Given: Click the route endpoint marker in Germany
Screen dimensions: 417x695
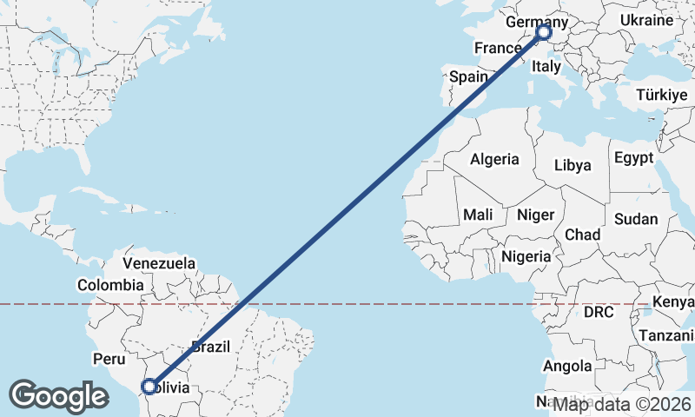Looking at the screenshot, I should point(544,33).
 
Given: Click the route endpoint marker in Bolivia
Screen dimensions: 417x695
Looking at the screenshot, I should point(149,386).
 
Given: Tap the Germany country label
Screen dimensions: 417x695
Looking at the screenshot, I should point(535,22).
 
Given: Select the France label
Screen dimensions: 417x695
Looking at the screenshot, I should point(497,48).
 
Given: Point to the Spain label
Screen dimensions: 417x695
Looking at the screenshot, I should point(468,76).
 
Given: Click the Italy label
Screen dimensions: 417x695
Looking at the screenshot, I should point(546,66).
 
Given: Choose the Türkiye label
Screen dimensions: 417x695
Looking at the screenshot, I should point(661,95).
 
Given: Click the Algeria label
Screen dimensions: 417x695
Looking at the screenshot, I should point(494,159).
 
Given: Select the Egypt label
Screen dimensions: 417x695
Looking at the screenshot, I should point(632,158).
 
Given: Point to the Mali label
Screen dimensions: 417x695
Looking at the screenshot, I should point(478,215).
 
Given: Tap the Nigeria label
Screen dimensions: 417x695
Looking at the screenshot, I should point(526,256).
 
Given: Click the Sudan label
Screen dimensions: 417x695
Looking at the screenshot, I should point(636,220).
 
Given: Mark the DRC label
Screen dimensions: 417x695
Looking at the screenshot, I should point(599,312).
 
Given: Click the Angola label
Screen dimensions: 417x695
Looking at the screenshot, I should point(568,367).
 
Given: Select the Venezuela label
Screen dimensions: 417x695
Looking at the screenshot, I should point(159,262).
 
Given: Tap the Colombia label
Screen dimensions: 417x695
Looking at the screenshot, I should point(110,285).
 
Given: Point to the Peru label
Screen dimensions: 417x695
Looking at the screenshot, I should point(109,359).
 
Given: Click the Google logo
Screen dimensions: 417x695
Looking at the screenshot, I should point(58,396).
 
